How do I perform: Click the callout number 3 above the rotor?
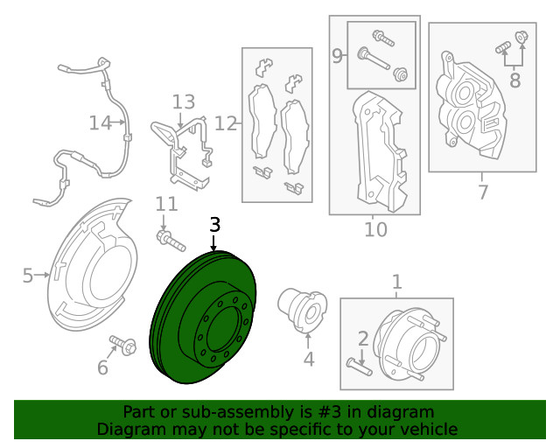tap(214, 225)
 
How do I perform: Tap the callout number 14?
tap(100, 122)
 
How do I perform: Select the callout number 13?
tap(184, 102)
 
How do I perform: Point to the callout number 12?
tap(226, 123)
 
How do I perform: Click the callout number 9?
tap(337, 56)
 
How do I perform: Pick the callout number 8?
tap(514, 80)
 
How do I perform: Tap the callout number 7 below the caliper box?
tap(482, 192)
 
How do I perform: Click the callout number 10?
tap(375, 230)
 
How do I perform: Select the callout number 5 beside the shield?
tap(28, 276)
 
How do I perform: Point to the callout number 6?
tap(102, 367)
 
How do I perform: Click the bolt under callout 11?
tap(171, 241)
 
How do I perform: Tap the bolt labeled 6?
tap(123, 345)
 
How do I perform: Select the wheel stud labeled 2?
tap(360, 367)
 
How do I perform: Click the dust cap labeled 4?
tap(302, 310)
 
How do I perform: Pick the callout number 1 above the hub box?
tap(396, 283)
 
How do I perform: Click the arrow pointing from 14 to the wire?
tap(118, 122)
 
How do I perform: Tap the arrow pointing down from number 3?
tap(213, 242)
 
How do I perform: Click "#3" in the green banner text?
tap(329, 412)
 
